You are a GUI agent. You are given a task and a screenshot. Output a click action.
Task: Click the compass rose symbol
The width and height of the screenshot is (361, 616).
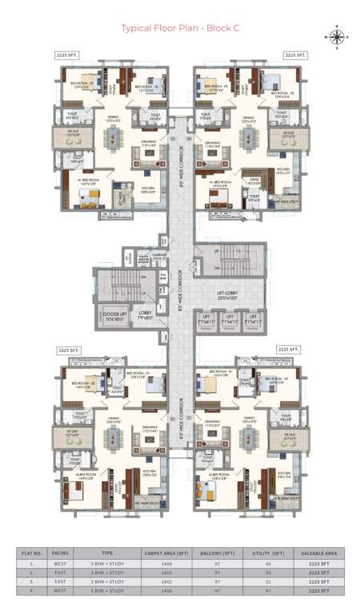point(336,36)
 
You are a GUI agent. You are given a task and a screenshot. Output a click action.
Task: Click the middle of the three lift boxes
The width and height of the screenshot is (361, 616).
point(230,319)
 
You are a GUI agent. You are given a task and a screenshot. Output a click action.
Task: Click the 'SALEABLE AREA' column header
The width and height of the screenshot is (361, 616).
point(319,553)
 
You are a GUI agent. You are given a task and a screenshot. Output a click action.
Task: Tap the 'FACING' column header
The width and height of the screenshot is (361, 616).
point(60,553)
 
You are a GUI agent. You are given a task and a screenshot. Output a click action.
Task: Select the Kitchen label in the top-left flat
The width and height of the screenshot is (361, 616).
point(149,190)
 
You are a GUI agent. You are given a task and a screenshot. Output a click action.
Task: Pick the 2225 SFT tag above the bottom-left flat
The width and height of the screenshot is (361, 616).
point(66,351)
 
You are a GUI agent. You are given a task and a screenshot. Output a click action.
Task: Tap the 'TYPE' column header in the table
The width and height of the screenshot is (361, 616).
point(106,553)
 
